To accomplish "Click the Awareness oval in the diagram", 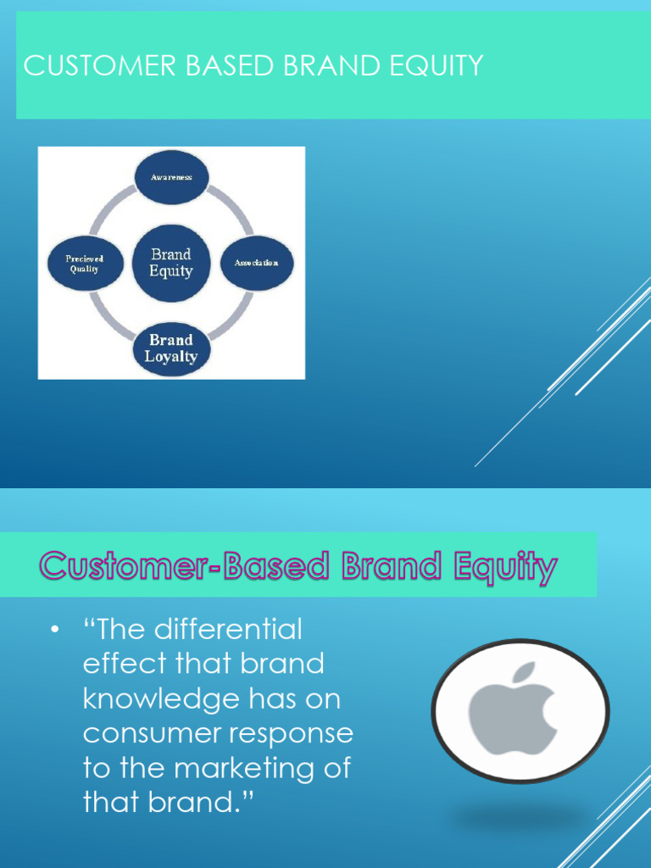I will click(x=172, y=177).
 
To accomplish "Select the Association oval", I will click(x=256, y=263).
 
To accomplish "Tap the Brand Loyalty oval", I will click(x=171, y=348).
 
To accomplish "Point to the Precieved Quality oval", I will click(x=85, y=263).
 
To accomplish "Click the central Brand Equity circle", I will click(x=171, y=263).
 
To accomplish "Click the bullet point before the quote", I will click(x=56, y=631).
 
